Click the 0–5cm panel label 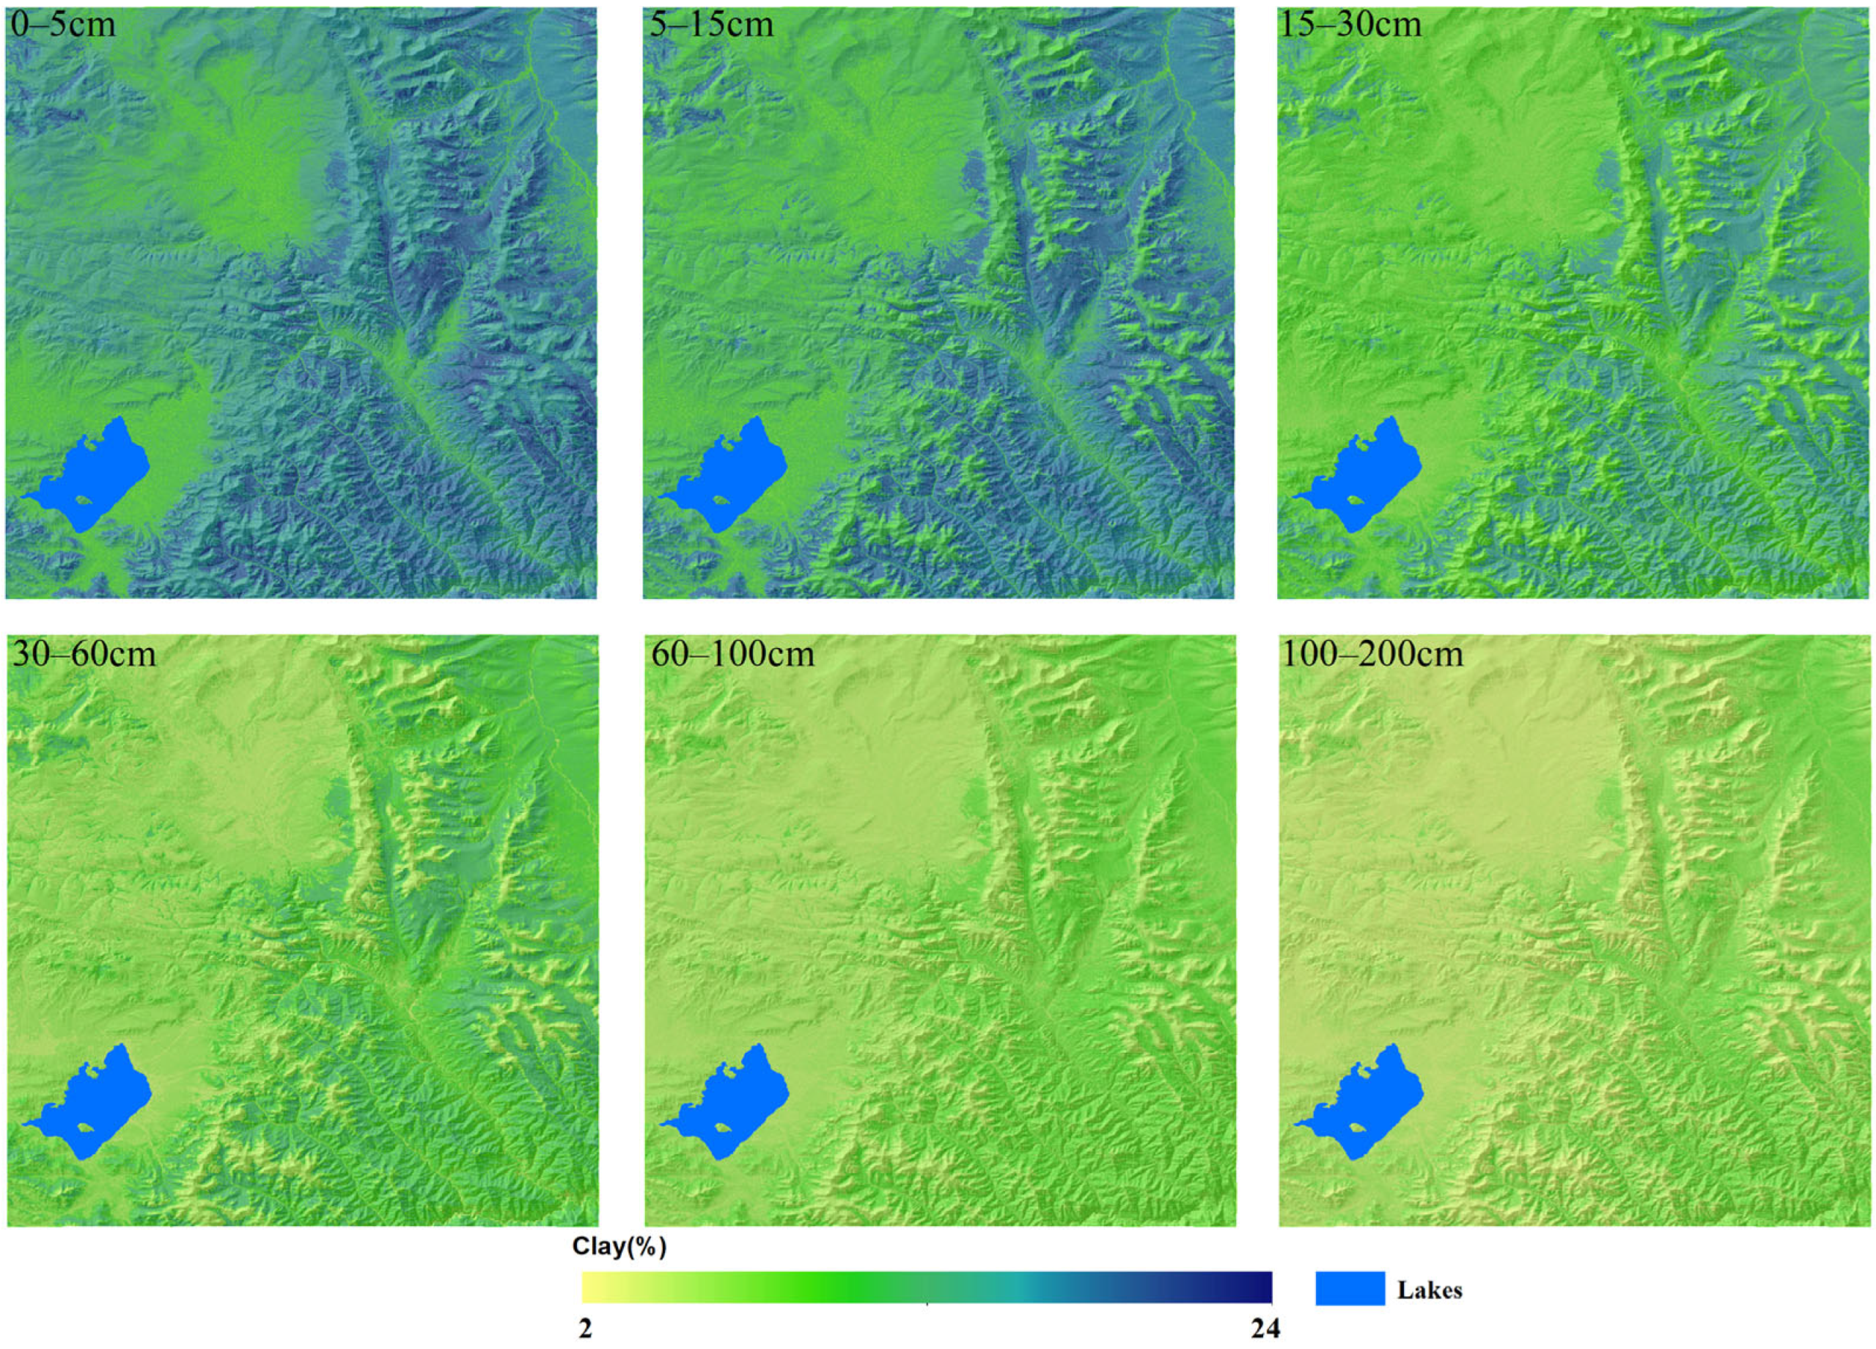[63, 24]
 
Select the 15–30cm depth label [1350, 24]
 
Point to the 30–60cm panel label [83, 653]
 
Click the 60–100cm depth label [732, 653]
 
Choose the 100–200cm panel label [1372, 653]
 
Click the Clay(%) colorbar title [619, 1246]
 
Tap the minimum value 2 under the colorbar [586, 1329]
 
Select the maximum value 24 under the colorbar [1265, 1329]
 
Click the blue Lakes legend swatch [1350, 1288]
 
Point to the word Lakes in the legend [1430, 1290]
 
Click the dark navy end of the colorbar [1264, 1287]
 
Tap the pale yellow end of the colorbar [589, 1287]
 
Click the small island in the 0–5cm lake [84, 501]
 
